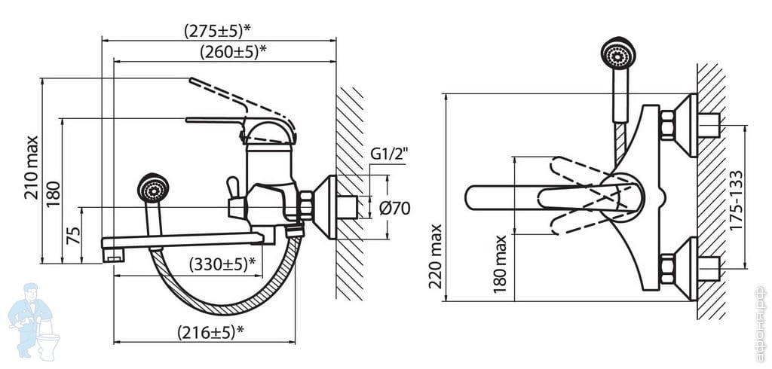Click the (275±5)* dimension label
coord(217,31)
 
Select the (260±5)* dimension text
coord(234,51)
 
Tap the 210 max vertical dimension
coord(32,167)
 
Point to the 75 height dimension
coord(73,236)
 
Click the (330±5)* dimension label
coord(222,264)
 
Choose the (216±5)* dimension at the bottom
coord(211,333)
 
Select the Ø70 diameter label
coord(394,209)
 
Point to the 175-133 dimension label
coord(737,200)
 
